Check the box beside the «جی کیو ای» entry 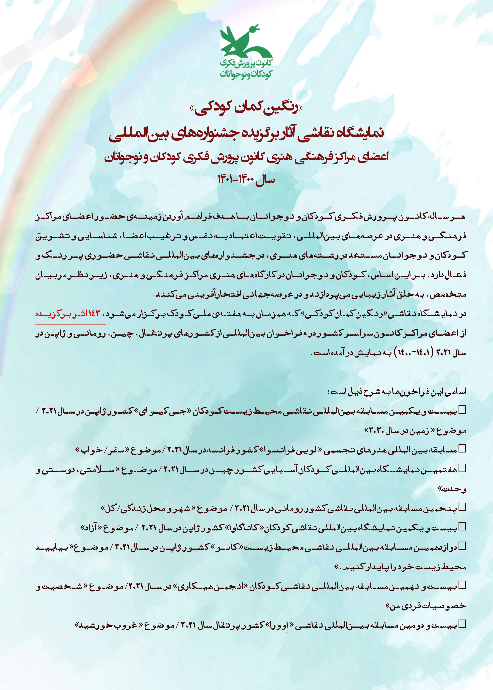coord(462,410)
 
